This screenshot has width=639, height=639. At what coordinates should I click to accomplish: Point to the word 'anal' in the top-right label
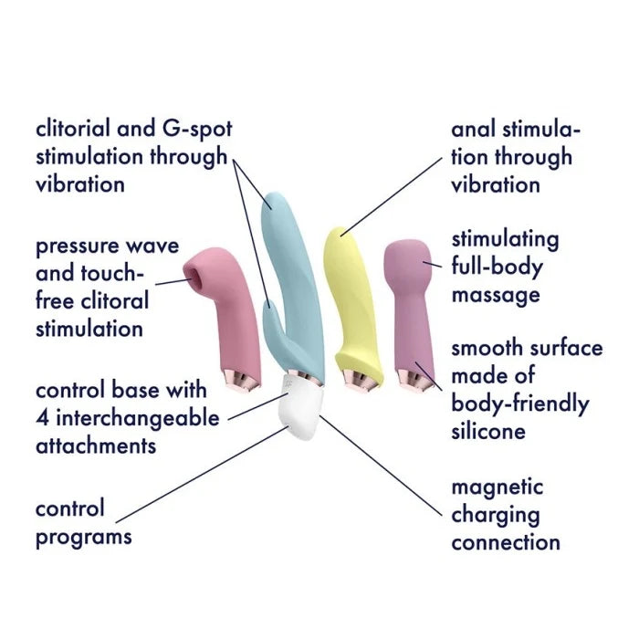tap(475, 129)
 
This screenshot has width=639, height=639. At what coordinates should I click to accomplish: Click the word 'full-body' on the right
tap(497, 267)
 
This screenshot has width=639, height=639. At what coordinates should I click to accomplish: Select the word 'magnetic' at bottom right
tap(497, 487)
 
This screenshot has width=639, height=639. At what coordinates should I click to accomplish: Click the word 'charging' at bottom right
tap(494, 515)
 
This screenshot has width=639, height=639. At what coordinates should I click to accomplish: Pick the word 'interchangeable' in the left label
tap(137, 418)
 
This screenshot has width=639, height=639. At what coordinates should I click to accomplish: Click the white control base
tap(298, 410)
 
